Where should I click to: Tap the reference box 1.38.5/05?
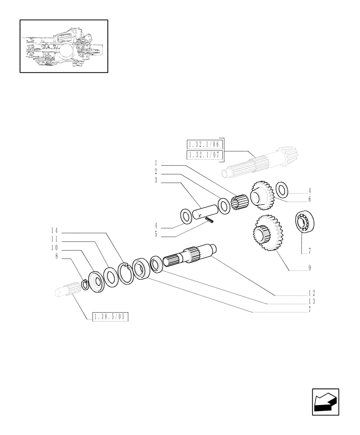coord(111,317)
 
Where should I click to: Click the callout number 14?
coord(54,230)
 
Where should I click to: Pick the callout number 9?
coord(309,268)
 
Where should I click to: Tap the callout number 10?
coord(54,248)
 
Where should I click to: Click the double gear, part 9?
coord(265,233)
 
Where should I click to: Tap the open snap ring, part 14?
coord(126,272)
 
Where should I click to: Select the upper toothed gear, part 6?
coord(262,194)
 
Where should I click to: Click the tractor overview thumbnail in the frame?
coord(63,46)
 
